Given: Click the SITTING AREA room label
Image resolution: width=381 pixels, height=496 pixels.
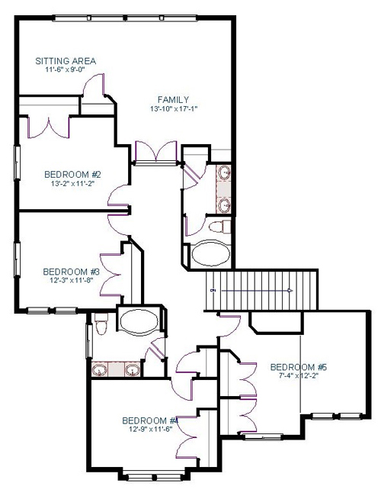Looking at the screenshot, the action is [66, 61].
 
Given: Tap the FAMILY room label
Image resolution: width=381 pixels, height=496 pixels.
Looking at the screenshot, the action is [173, 100].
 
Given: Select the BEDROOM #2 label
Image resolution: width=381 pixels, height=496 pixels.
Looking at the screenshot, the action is [72, 174].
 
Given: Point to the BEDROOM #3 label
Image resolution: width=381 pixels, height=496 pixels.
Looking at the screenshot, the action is [72, 272].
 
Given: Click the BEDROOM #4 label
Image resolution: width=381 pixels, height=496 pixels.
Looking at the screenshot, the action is [150, 420].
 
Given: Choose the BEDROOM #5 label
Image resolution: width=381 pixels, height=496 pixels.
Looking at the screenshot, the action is [299, 367].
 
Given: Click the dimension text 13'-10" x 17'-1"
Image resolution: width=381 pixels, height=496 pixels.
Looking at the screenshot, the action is [176, 109].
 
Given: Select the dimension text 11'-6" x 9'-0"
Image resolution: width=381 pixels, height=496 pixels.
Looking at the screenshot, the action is [66, 69].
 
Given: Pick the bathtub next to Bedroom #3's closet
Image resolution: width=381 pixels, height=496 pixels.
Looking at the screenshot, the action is [139, 321].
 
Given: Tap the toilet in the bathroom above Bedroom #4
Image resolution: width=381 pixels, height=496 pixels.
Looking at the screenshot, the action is [101, 324].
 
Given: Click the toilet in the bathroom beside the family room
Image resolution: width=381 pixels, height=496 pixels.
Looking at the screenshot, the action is [220, 227].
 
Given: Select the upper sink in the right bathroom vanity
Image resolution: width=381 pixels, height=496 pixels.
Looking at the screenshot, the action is [224, 173].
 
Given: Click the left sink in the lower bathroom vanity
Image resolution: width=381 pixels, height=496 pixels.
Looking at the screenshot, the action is [100, 370].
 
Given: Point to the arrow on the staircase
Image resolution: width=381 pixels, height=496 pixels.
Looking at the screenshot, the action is [257, 291].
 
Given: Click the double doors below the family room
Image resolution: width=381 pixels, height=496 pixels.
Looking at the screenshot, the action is [155, 153].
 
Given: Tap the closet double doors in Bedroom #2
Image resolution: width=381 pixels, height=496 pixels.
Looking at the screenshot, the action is [49, 127].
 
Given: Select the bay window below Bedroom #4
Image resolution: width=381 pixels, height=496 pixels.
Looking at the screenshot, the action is [153, 476].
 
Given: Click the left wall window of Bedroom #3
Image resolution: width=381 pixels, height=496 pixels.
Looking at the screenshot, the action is [17, 259].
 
